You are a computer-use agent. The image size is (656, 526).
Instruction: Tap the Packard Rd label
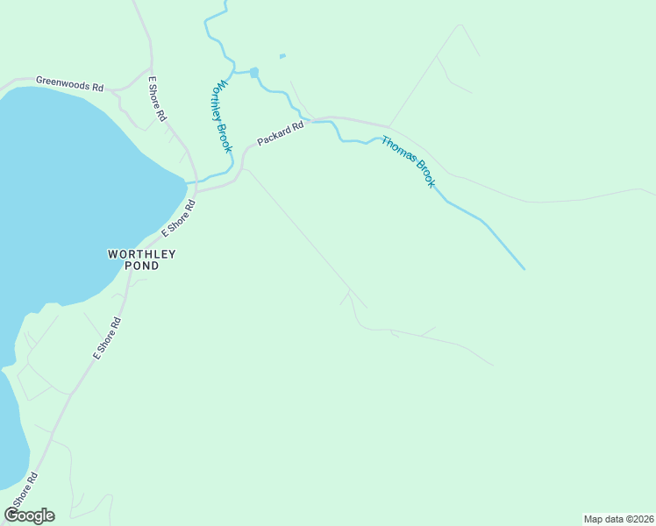coord(280,133)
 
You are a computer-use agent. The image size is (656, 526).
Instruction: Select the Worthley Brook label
coord(223,117)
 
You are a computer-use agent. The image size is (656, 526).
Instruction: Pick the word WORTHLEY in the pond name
coord(141,254)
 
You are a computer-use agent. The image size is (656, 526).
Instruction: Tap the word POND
coord(141,266)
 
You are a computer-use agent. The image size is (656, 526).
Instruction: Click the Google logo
coord(29,515)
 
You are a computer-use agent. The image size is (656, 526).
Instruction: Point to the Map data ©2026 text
coord(618,518)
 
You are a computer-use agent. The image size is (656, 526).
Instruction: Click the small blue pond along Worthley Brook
coord(254,73)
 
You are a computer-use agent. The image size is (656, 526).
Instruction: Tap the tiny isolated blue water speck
coord(282,57)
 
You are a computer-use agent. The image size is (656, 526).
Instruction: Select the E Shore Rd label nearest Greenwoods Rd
coord(157,98)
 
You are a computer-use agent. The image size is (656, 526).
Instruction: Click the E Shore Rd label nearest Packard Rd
coord(178,218)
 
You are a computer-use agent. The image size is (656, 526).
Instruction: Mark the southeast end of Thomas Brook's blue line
coord(524,268)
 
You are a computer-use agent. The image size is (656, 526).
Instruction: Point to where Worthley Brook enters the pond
coord(188,182)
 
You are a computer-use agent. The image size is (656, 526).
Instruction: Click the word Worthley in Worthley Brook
coord(219,103)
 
